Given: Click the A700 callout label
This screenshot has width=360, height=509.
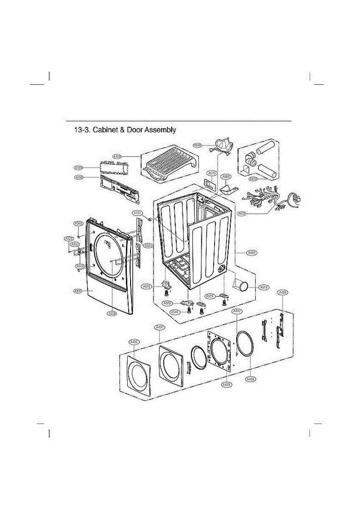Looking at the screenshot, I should pyautogui.click(x=117, y=157).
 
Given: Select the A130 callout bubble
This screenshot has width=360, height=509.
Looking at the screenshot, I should pyautogui.click(x=78, y=167).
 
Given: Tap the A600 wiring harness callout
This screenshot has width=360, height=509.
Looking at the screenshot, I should pyautogui.click(x=241, y=213).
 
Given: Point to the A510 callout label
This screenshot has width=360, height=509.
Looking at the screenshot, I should pyautogui.click(x=263, y=287).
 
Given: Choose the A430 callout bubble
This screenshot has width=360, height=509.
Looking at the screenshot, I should pyautogui.click(x=282, y=292).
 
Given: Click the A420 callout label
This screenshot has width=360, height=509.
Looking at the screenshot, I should pyautogui.click(x=134, y=341).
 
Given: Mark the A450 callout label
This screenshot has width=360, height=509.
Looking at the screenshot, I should pyautogui.click(x=227, y=384).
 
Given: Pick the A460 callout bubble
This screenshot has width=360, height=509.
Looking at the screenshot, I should pyautogui.click(x=250, y=379).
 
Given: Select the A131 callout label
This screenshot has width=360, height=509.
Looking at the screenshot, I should pyautogui.click(x=137, y=213).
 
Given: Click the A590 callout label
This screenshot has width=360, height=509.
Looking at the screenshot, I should pyautogui.click(x=197, y=145).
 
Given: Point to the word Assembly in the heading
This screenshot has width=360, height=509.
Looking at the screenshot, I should pyautogui.click(x=160, y=130).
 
